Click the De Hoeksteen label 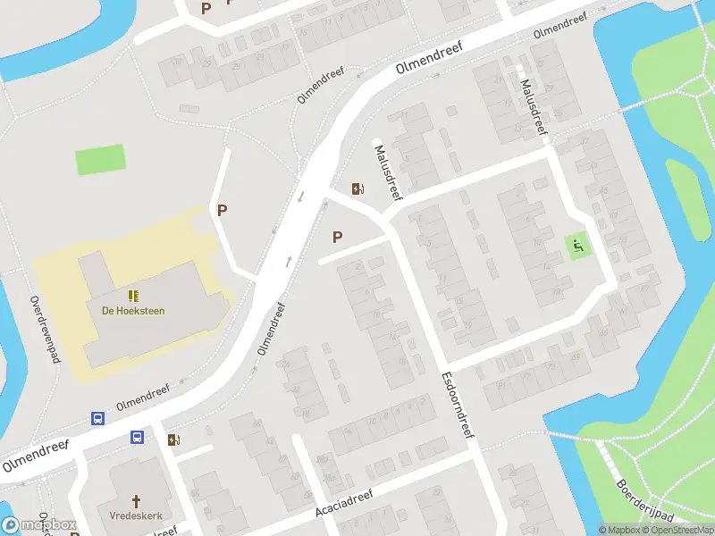133,311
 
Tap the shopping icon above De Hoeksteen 133,295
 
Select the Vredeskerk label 137,515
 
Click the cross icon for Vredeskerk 137,501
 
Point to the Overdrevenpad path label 43,330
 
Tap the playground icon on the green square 578,246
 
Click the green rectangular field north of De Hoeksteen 100,161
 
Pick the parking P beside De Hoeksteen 223,211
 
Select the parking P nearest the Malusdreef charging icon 337,237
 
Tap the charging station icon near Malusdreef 357,188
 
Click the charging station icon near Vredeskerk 172,439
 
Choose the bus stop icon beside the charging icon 138,438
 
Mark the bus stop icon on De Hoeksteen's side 97,418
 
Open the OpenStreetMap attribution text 677,530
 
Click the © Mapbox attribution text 620,530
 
